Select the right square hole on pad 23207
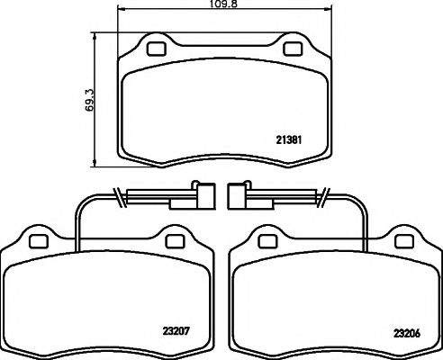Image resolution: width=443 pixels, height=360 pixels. coord(174,240)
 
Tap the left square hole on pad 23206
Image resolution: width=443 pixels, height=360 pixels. coord(267,240)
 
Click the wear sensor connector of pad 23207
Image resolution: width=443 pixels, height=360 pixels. coord(203,195)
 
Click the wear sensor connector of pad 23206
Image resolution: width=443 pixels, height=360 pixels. coord(239,195)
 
